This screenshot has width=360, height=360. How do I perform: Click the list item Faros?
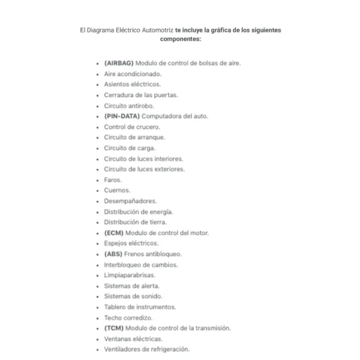pyautogui.click(x=113, y=179)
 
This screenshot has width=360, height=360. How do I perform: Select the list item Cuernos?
pyautogui.click(x=116, y=190)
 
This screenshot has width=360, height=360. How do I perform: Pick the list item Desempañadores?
pyautogui.click(x=130, y=200)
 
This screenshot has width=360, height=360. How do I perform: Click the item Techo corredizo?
pyautogui.click(x=128, y=317)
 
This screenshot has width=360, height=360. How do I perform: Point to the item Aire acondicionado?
pyautogui.click(x=133, y=74)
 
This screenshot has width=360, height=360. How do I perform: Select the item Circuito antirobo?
pyautogui.click(x=129, y=106)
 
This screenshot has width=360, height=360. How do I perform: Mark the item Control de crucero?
pyautogui.click(x=132, y=127)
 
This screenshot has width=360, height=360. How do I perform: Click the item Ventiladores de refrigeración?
pyautogui.click(x=146, y=349)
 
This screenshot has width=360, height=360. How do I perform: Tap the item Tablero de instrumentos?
pyautogui.click(x=140, y=307)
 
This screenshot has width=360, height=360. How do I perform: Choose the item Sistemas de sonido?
pyautogui.click(x=133, y=296)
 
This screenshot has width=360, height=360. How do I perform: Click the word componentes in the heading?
pyautogui.click(x=180, y=38)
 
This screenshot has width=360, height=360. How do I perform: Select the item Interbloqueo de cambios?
pyautogui.click(x=141, y=264)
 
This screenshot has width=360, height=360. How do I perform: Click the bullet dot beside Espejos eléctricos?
pyautogui.click(x=97, y=244)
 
